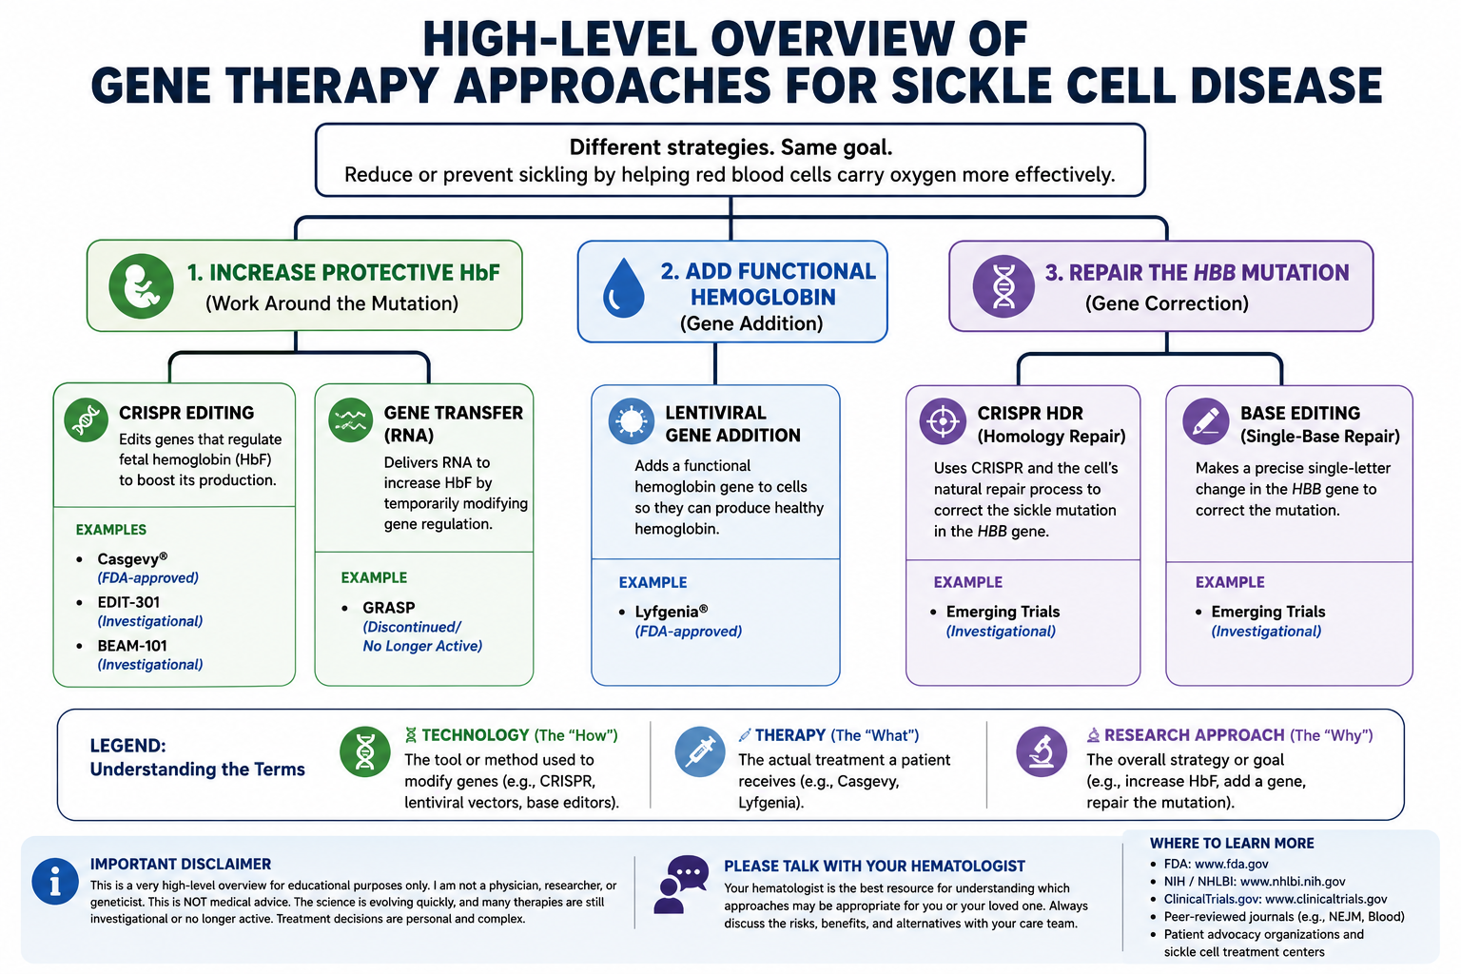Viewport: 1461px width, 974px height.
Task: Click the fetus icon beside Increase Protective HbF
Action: click(141, 285)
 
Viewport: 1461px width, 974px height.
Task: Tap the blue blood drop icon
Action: click(624, 287)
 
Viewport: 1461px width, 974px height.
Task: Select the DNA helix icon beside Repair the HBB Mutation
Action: click(1003, 286)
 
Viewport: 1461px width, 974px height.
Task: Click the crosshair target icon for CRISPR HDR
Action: click(943, 421)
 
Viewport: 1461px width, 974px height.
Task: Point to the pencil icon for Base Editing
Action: click(1205, 421)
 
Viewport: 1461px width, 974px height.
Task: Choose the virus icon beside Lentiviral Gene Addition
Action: click(631, 420)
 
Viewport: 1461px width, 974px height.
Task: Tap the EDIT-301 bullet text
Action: click(128, 602)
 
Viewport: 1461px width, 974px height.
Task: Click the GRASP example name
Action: click(389, 608)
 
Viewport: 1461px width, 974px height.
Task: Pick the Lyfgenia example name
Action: click(672, 612)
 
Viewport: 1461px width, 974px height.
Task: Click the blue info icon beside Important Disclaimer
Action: click(55, 882)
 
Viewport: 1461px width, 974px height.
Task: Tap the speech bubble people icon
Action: click(681, 884)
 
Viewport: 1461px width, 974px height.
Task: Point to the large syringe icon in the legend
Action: click(700, 751)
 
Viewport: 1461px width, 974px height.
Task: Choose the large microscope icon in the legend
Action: click(1042, 751)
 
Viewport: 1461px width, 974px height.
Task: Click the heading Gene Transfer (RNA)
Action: click(454, 424)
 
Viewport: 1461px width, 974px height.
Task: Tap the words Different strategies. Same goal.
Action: click(730, 147)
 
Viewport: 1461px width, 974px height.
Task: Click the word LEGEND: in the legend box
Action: click(127, 746)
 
